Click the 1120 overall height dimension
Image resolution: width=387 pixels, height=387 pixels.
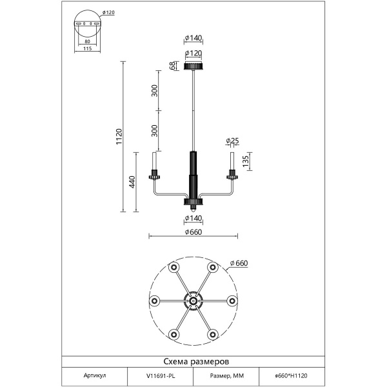[119, 137]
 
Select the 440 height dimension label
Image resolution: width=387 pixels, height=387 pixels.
[132, 182]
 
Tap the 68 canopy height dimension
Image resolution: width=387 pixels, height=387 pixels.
[173, 66]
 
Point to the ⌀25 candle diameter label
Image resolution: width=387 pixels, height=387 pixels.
[232, 141]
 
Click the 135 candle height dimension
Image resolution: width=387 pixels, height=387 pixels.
[246, 161]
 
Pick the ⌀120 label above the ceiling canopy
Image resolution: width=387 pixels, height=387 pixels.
[193, 53]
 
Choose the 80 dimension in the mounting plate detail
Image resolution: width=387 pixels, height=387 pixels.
[87, 41]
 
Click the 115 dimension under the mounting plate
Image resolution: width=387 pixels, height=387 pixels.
[87, 48]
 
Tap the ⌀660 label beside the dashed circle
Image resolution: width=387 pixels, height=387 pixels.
[239, 263]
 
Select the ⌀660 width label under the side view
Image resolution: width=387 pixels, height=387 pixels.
[193, 232]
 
